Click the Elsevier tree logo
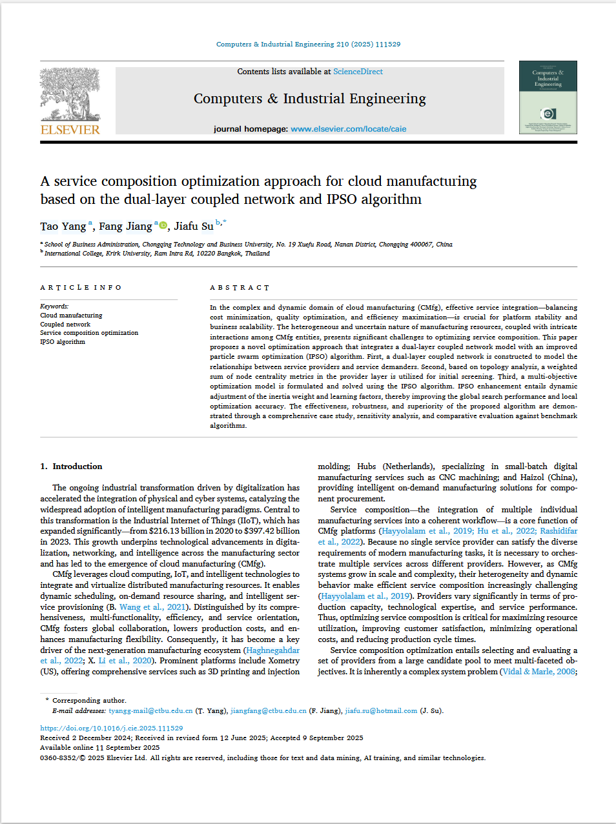(70, 94)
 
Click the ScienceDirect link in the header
(358, 72)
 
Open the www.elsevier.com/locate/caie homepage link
(348, 129)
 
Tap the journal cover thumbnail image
(548, 97)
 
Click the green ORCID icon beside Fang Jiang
(163, 225)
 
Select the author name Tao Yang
(63, 226)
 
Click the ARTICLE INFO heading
(81, 288)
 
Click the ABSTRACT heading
(240, 288)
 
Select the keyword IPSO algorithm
(63, 342)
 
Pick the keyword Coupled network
(65, 325)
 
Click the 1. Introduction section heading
(71, 467)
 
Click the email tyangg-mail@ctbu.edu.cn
(150, 711)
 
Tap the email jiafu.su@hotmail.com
(381, 711)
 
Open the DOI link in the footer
(111, 728)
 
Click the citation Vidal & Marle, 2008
(539, 672)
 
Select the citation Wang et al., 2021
(152, 607)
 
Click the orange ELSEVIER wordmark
(70, 130)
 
